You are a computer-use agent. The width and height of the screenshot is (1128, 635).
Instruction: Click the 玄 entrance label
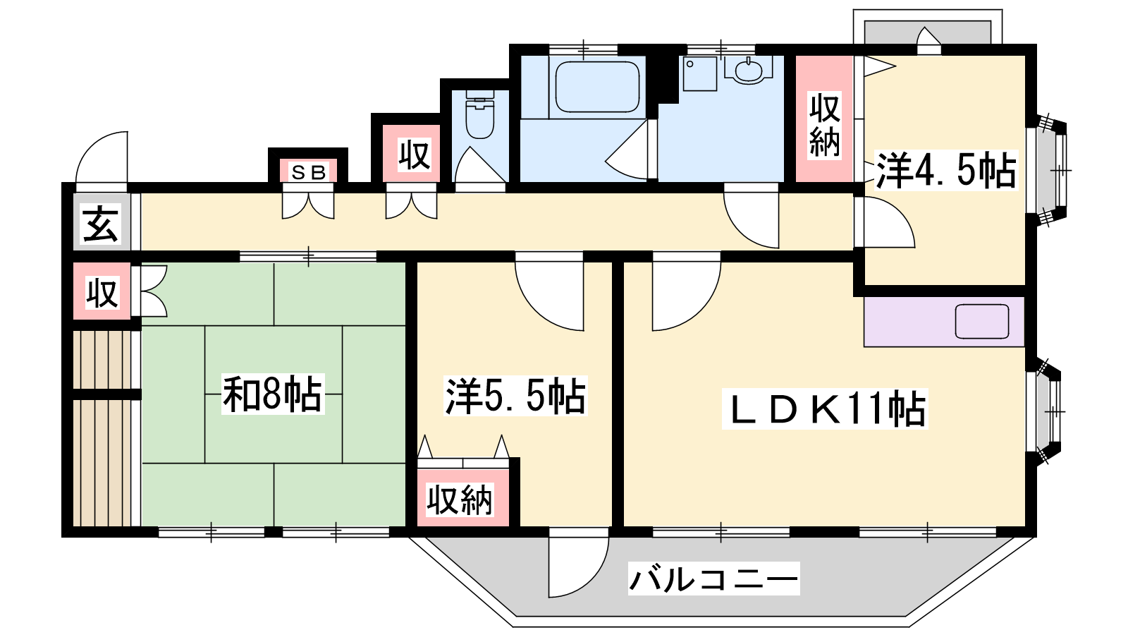click(102, 223)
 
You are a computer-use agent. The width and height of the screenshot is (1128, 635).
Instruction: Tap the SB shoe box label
click(309, 173)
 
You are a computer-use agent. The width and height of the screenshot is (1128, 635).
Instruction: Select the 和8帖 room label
click(272, 394)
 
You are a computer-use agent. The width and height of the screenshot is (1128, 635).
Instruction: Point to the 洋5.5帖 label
click(515, 396)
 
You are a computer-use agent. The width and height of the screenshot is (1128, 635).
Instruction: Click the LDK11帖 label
click(825, 409)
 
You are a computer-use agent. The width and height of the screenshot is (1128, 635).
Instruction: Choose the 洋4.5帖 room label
click(945, 170)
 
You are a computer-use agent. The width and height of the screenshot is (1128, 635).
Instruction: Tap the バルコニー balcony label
click(713, 579)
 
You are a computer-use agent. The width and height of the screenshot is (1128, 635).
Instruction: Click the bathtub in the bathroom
click(597, 87)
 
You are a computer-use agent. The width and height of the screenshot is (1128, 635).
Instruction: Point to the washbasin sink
click(749, 69)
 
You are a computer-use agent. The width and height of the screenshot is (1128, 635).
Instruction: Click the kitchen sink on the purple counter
click(982, 322)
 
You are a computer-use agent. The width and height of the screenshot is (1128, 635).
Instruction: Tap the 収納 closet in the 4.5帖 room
click(824, 119)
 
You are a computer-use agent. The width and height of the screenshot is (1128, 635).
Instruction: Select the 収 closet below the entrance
click(102, 291)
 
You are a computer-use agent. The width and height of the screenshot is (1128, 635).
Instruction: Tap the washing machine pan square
click(700, 73)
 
